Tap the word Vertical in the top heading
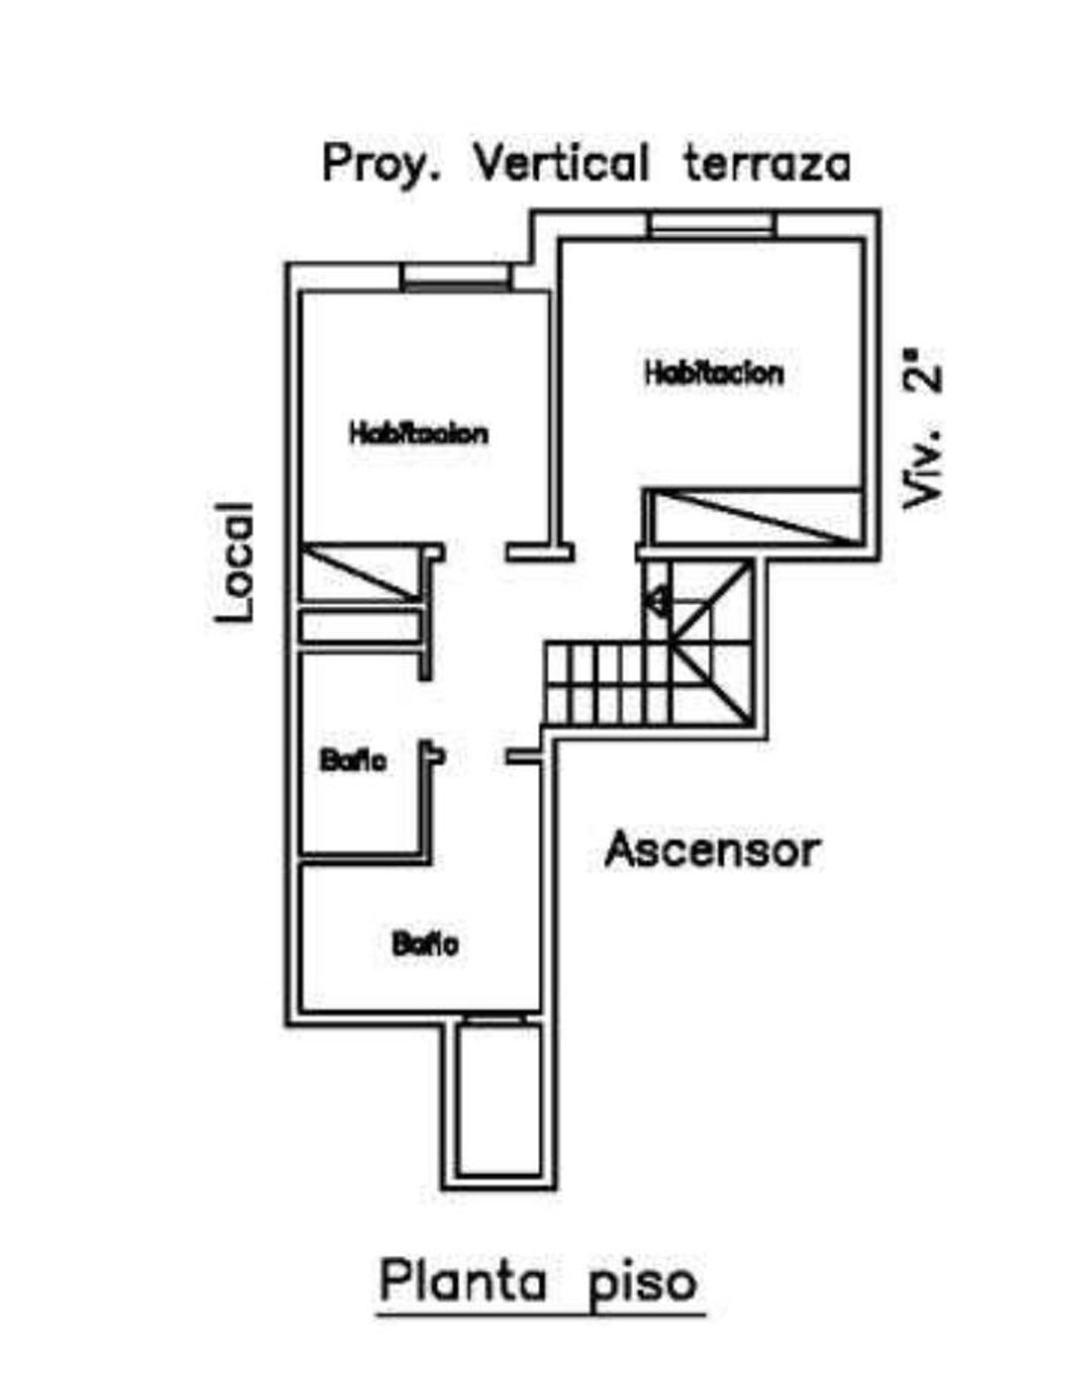pyautogui.click(x=562, y=163)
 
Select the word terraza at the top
pyautogui.click(x=768, y=164)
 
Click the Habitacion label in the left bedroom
pyautogui.click(x=419, y=433)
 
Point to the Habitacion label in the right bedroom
pyautogui.click(x=715, y=373)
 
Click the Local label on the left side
pyautogui.click(x=235, y=561)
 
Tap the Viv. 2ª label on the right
pyautogui.click(x=921, y=428)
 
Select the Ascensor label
pyautogui.click(x=712, y=850)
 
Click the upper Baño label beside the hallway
pyautogui.click(x=353, y=761)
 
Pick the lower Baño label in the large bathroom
pyautogui.click(x=425, y=945)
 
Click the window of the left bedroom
pyautogui.click(x=456, y=277)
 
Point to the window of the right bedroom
pyautogui.click(x=711, y=225)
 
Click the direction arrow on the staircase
pyautogui.click(x=657, y=599)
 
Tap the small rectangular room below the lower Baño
pyautogui.click(x=499, y=1100)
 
